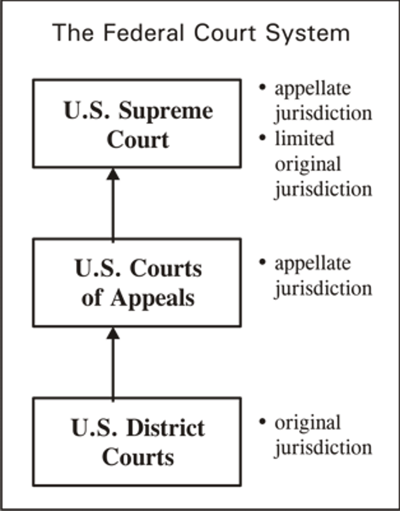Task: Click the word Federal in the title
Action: pos(139,33)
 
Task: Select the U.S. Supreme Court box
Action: pos(137,123)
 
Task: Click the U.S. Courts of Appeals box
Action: pos(137,282)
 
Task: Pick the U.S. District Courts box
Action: pos(137,442)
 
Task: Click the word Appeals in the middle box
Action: pos(153,298)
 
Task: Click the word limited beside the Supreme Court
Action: pos(304,138)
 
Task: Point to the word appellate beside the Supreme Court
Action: pos(313,89)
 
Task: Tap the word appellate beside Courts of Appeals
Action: pos(313,264)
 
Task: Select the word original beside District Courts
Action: pos(308,423)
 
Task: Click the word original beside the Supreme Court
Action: pos(308,164)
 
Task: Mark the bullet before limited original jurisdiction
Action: pos(263,138)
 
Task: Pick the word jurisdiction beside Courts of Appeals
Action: pos(323,289)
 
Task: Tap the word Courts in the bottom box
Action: pos(138,457)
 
